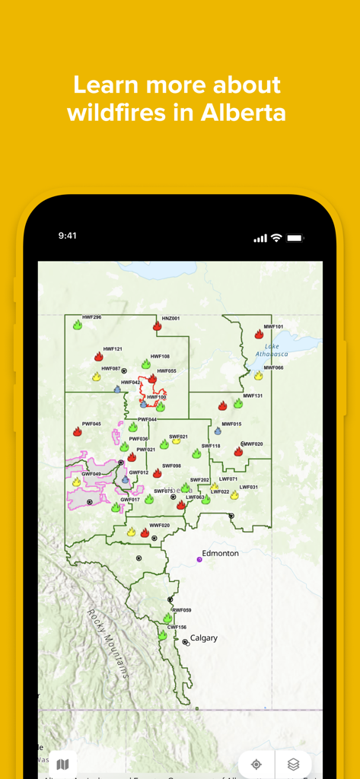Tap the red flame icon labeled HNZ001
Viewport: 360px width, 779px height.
click(x=158, y=326)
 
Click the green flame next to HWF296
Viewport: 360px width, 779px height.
click(x=78, y=325)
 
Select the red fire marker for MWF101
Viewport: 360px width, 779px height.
click(x=259, y=334)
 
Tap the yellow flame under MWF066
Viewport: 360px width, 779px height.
click(x=258, y=375)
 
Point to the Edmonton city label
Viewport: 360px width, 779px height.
click(x=220, y=553)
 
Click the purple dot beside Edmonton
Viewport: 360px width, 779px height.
click(x=199, y=559)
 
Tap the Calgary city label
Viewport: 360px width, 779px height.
click(x=204, y=638)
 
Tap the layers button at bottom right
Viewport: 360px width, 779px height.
click(x=293, y=765)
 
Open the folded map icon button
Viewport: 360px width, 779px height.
click(x=62, y=764)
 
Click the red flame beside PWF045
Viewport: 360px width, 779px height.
click(x=78, y=431)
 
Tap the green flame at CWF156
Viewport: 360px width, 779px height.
click(x=162, y=634)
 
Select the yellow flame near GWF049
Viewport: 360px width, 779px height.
click(x=76, y=482)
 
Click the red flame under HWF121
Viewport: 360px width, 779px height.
click(x=99, y=356)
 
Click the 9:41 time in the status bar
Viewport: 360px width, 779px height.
click(x=67, y=236)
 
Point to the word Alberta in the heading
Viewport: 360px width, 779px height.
click(x=244, y=113)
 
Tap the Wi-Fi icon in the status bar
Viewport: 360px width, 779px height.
click(x=276, y=238)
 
